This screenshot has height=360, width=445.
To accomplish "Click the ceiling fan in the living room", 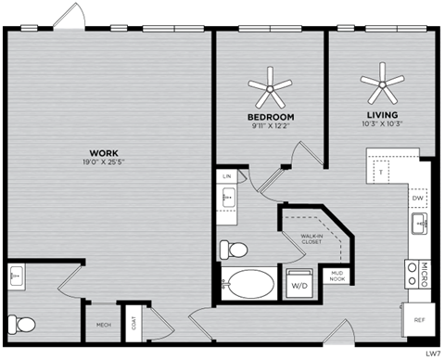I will [382, 85].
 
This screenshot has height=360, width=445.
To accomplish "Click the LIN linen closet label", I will [227, 174].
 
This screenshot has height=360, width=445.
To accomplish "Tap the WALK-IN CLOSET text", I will [312, 239].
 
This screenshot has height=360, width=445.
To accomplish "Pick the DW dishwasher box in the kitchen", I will [417, 198].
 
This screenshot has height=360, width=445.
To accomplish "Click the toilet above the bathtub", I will [232, 250].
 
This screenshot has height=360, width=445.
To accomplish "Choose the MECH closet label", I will [104, 326].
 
